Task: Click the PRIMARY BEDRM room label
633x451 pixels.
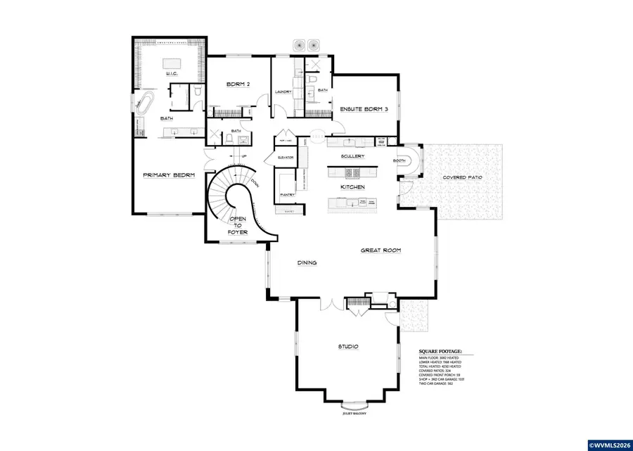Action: click(x=169, y=174)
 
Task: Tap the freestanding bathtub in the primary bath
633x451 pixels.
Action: click(x=145, y=104)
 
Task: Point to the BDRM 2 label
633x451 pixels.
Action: click(x=239, y=84)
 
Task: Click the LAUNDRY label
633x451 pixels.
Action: click(x=283, y=91)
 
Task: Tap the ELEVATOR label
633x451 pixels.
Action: click(x=286, y=157)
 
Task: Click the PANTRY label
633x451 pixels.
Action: click(x=287, y=193)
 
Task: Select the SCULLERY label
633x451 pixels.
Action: click(x=351, y=155)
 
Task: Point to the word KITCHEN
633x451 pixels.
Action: click(x=352, y=188)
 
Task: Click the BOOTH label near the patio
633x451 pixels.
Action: click(x=399, y=160)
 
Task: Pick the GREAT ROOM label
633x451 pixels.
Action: click(x=381, y=250)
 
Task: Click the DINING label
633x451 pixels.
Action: click(x=307, y=262)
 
